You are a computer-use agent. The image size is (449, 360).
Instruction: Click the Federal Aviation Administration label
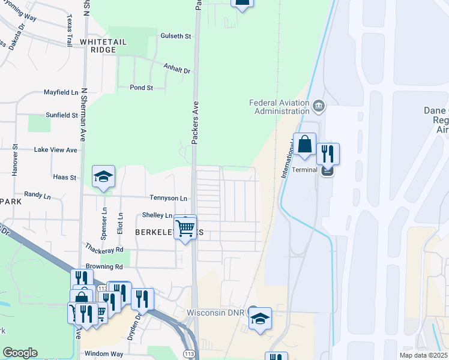click(279, 106)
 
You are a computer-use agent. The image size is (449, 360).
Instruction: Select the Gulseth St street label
click(175, 36)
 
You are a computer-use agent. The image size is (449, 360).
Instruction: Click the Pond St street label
click(142, 88)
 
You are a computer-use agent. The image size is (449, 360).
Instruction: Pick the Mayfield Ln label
click(61, 92)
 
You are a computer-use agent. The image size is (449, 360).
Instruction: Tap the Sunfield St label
click(62, 115)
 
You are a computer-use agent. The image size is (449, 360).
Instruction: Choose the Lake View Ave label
click(56, 149)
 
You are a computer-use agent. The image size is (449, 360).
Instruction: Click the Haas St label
click(65, 178)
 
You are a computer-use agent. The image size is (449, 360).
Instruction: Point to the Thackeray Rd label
click(104, 249)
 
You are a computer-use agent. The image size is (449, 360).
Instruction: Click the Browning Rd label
click(104, 266)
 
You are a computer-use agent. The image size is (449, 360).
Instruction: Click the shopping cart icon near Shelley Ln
click(185, 227)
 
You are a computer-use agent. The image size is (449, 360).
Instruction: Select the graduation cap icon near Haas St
click(103, 176)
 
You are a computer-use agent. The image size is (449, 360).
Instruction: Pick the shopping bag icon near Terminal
click(304, 145)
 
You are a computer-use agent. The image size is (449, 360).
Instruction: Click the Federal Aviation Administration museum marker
click(318, 107)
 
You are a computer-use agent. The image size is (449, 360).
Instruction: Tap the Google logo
click(20, 353)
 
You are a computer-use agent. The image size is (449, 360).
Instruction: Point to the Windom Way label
click(103, 354)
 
